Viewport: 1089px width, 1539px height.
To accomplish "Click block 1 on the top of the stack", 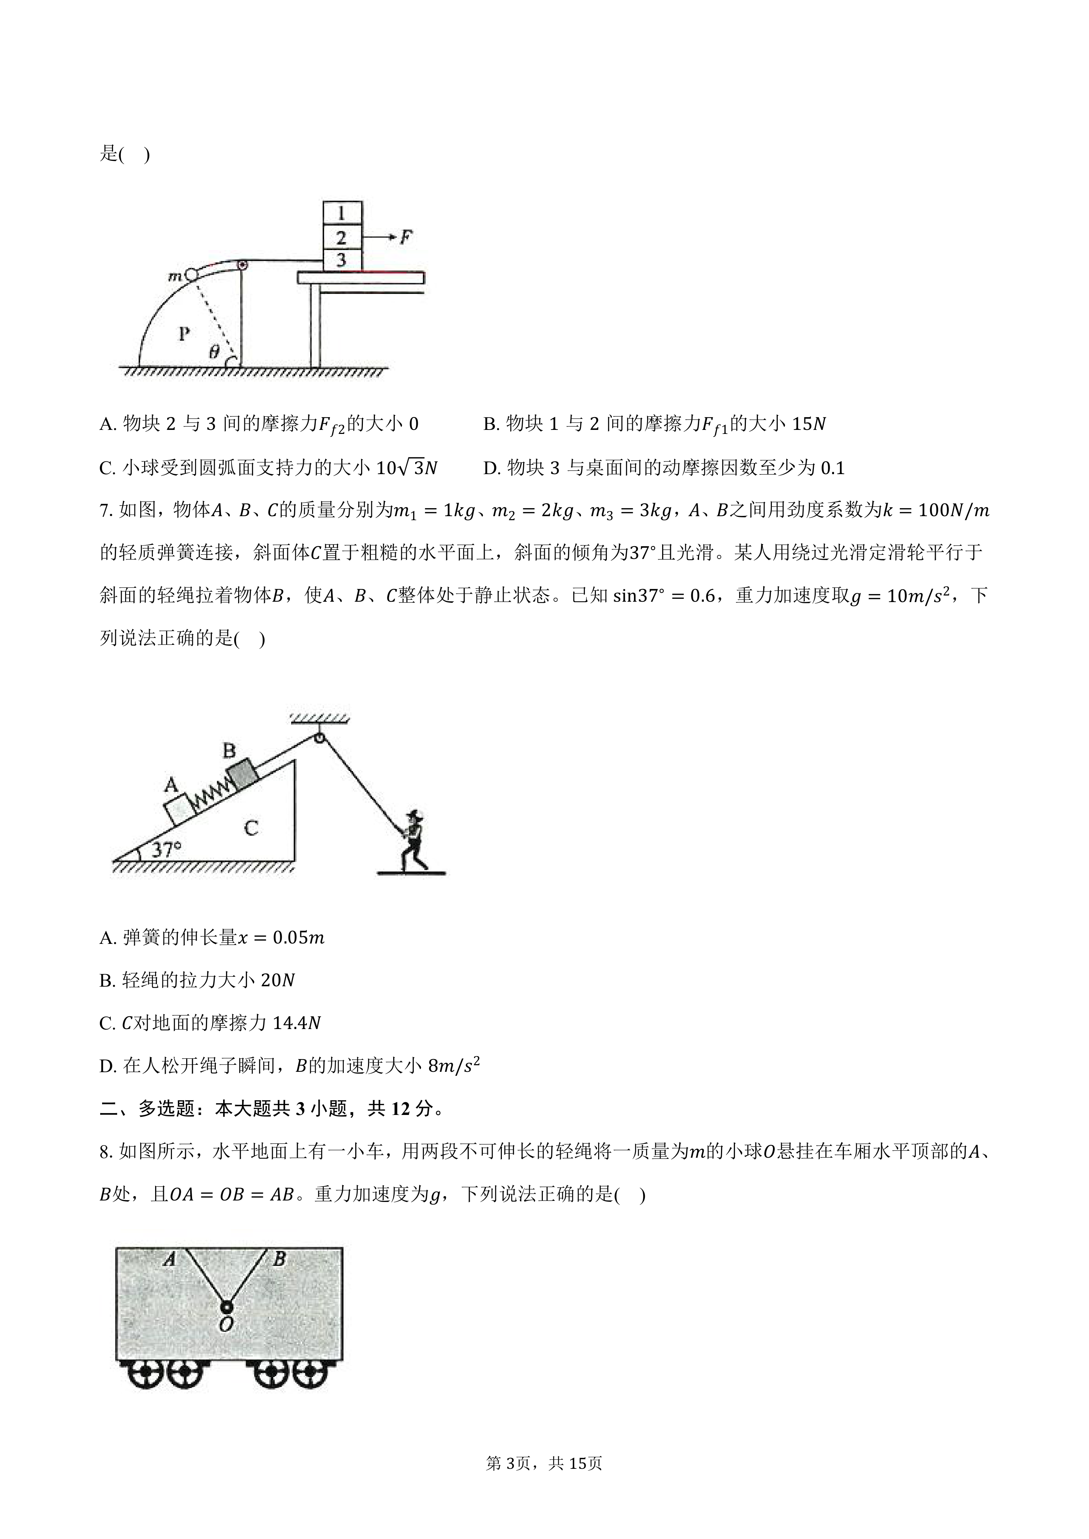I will tap(342, 213).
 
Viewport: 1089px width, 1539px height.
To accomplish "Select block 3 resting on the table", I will tap(342, 260).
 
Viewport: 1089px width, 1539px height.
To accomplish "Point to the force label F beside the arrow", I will tap(406, 237).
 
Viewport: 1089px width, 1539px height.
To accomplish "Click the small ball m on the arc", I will tap(191, 274).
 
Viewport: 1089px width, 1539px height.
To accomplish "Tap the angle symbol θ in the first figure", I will tap(214, 351).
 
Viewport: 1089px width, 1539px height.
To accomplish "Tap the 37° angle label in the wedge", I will tap(166, 850).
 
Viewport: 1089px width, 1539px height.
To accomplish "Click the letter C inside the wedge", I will tap(251, 828).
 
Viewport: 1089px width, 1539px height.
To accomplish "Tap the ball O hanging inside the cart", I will tap(227, 1308).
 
